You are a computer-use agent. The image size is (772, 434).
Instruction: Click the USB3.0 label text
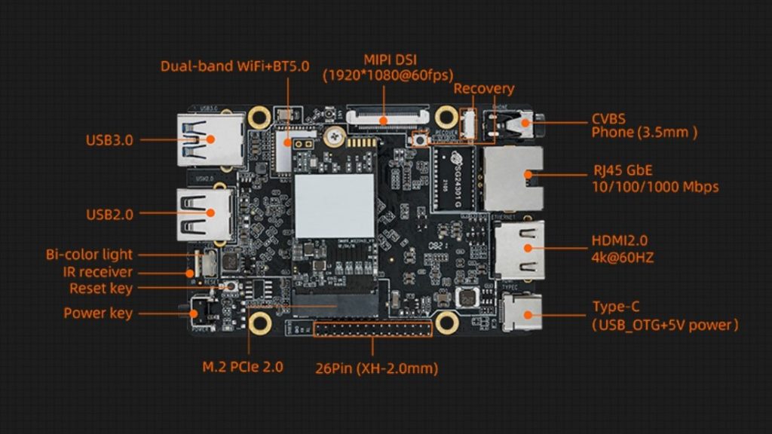click(x=110, y=139)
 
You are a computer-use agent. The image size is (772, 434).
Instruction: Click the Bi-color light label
click(x=88, y=255)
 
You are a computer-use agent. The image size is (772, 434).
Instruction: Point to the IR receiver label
click(x=97, y=271)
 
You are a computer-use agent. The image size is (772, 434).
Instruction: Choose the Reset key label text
click(x=101, y=288)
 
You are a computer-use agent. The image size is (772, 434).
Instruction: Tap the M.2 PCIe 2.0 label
click(x=243, y=368)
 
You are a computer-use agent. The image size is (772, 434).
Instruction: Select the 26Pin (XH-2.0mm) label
click(x=376, y=368)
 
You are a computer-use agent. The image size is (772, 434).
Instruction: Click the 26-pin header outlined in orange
click(x=372, y=329)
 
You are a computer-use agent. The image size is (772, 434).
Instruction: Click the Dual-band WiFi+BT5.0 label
click(x=234, y=66)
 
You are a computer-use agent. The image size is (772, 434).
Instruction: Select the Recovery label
click(x=483, y=89)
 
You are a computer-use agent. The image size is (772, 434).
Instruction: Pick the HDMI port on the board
click(x=519, y=248)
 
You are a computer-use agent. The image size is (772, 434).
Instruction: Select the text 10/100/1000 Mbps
click(x=655, y=186)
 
